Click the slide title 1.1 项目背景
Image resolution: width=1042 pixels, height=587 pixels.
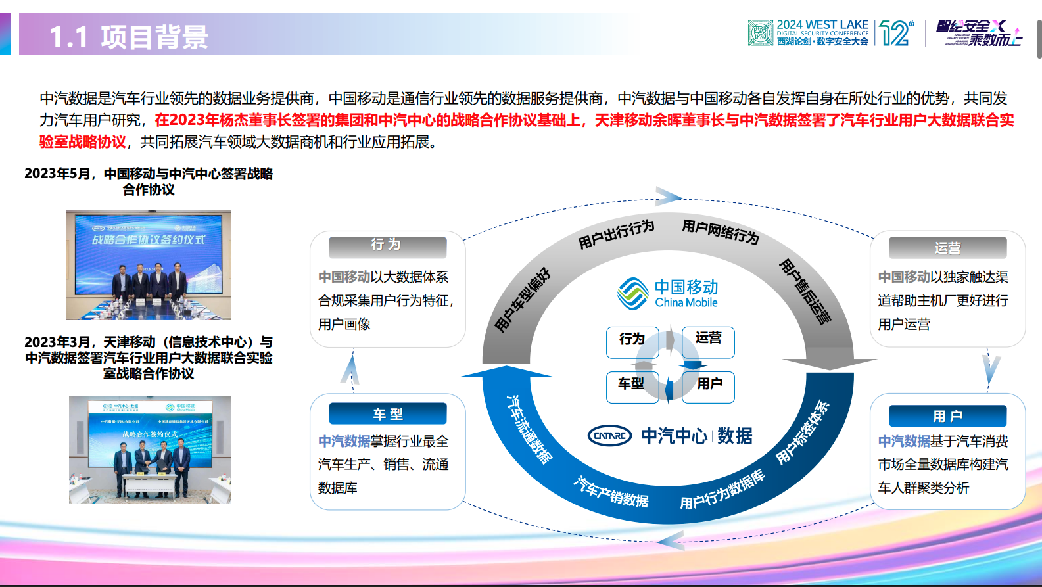(129, 37)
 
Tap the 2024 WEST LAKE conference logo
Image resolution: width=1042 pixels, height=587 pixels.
(809, 33)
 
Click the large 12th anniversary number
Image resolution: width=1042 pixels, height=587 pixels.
(895, 33)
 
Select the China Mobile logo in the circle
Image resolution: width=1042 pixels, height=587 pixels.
(668, 294)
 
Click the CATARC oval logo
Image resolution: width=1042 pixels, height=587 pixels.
(609, 435)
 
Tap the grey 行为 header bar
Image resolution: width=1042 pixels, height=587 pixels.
(387, 246)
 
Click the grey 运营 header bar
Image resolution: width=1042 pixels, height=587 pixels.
(947, 248)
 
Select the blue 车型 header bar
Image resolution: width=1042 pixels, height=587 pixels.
(387, 414)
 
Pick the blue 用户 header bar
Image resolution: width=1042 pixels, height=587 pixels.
(947, 416)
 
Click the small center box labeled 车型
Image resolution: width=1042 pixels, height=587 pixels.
(631, 384)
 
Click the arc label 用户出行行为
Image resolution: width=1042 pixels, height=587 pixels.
(616, 235)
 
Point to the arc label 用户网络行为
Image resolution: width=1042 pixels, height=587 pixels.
(721, 231)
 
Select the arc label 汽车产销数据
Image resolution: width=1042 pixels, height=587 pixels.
(611, 492)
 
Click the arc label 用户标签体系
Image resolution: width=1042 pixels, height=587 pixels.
(803, 433)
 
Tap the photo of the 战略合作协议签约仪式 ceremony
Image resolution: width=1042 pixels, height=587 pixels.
(149, 265)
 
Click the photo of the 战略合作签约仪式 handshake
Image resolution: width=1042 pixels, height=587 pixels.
(150, 450)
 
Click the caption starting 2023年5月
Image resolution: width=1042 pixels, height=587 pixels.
(149, 181)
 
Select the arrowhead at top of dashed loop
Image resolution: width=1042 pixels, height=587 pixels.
(668, 197)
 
